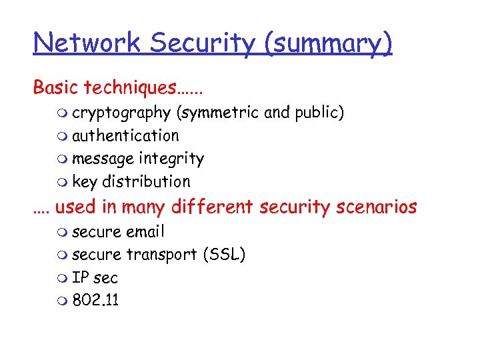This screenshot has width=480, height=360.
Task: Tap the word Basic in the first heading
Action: [54, 87]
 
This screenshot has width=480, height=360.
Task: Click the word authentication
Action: [125, 135]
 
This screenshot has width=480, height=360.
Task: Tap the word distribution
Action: [146, 181]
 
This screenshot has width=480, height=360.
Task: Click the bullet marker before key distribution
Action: [63, 182]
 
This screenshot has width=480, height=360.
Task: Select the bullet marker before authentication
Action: [63, 136]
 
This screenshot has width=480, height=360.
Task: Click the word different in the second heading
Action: [213, 207]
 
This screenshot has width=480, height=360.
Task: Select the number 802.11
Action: [95, 300]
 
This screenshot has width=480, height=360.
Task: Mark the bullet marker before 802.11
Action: [63, 301]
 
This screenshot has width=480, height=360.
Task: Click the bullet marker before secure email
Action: [63, 232]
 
